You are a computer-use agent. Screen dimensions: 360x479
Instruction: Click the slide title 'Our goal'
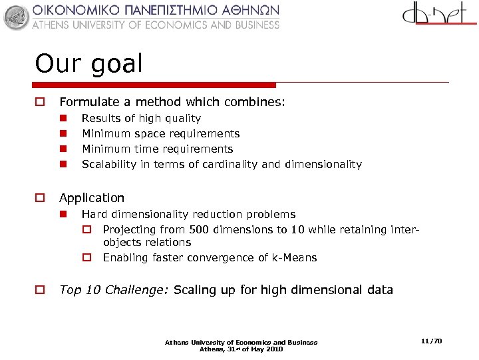point(88,64)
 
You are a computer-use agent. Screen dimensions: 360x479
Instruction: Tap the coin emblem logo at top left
point(17,17)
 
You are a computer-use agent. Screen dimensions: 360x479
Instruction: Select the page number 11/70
point(431,341)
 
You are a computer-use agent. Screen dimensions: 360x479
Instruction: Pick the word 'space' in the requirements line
point(149,134)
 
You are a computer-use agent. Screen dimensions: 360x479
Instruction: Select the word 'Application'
point(92,198)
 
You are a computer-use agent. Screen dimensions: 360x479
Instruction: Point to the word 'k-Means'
point(295,258)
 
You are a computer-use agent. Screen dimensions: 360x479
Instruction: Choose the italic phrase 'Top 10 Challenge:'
point(114,290)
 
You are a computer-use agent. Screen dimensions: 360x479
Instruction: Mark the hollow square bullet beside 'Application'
point(40,198)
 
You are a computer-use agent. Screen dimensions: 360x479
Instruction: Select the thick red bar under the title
point(154,85)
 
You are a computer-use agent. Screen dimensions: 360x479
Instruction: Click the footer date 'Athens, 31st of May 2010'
point(241,349)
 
